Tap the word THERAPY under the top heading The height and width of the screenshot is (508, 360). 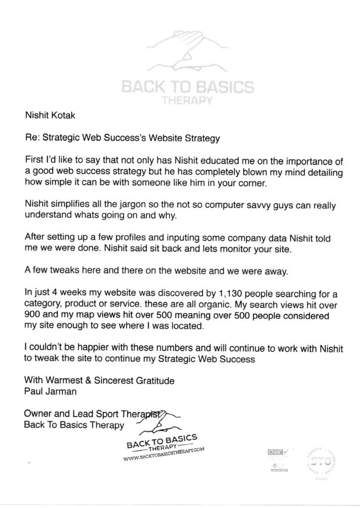187,101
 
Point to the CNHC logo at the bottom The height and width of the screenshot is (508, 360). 275,452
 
